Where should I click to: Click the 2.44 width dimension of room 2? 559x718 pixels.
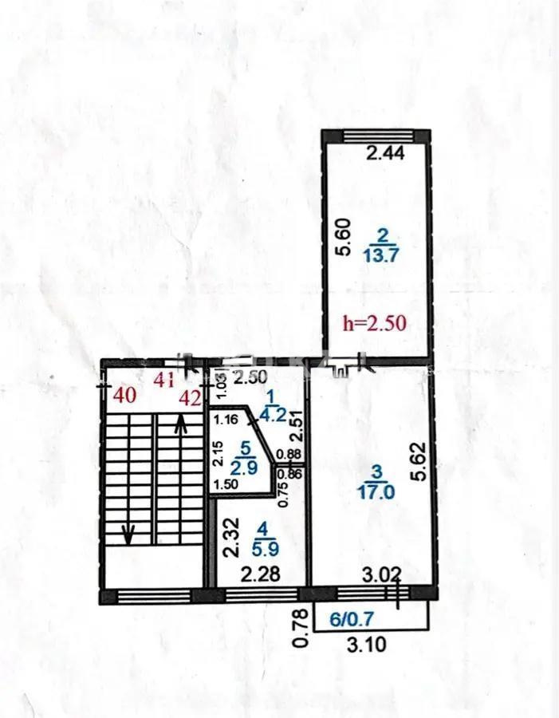385,153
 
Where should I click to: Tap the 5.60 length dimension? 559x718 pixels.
342,238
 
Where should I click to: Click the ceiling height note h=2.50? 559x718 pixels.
374,323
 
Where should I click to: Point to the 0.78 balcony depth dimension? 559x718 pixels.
301,626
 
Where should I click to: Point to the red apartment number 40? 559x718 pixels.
124,393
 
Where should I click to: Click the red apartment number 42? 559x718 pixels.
190,399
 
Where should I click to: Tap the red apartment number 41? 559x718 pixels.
163,381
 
